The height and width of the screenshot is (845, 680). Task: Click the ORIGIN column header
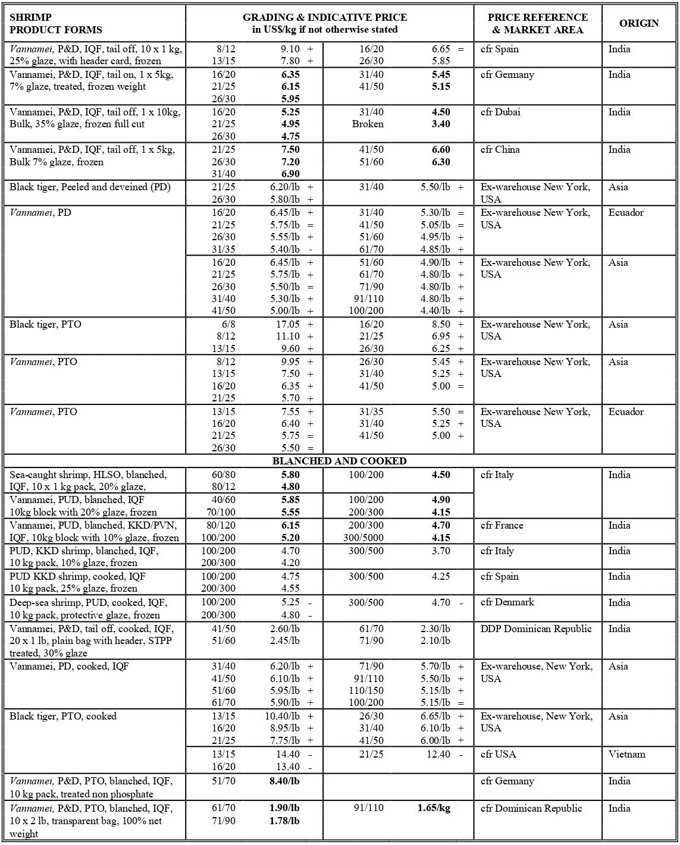click(x=639, y=23)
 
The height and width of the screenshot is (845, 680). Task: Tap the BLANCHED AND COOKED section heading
click(x=339, y=461)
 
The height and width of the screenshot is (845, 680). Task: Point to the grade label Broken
click(x=368, y=124)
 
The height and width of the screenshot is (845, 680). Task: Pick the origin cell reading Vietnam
click(x=626, y=754)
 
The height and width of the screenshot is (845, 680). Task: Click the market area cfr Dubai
click(x=500, y=112)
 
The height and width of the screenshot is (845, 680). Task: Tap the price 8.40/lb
click(x=284, y=781)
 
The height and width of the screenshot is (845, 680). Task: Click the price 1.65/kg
click(x=434, y=808)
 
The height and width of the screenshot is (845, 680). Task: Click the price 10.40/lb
click(x=282, y=716)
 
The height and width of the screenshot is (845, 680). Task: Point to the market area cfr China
click(x=500, y=149)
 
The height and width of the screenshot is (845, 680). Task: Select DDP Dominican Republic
click(x=536, y=629)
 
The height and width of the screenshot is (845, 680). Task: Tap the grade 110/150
click(x=366, y=690)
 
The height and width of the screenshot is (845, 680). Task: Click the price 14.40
click(x=286, y=754)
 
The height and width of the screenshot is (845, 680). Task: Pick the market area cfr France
click(x=502, y=525)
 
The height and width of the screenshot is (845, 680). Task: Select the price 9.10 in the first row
click(x=290, y=49)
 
